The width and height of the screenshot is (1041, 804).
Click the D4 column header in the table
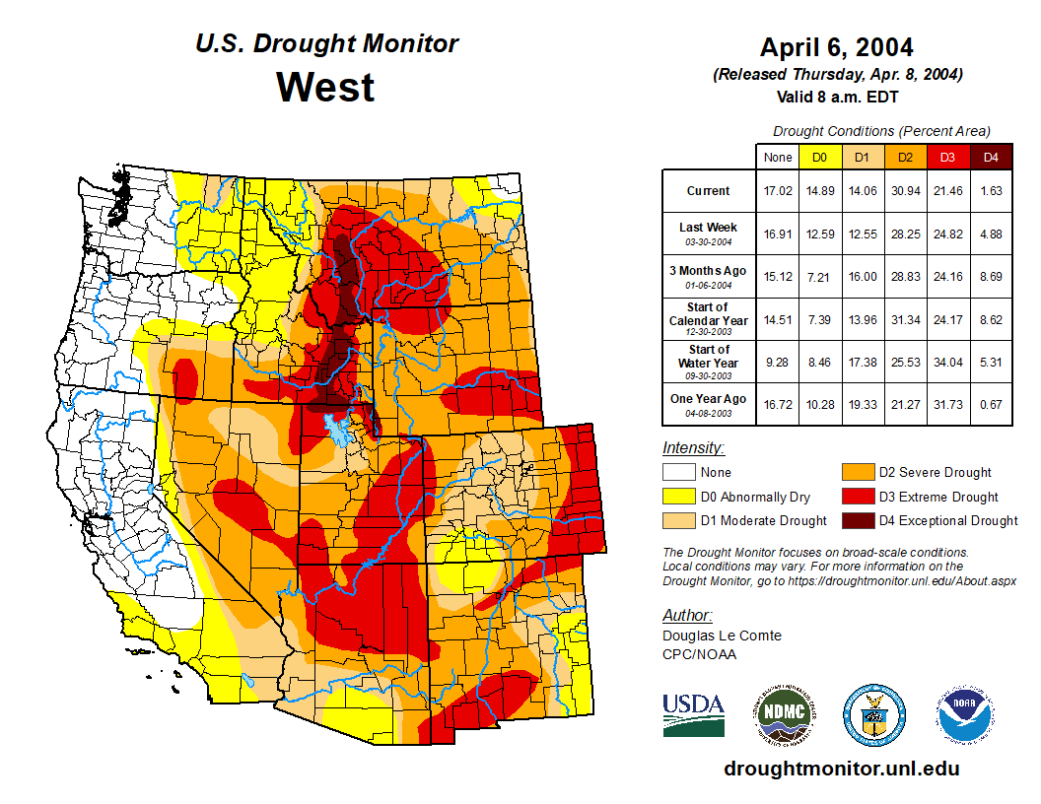pos(992,158)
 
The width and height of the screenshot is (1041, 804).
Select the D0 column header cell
pos(819,158)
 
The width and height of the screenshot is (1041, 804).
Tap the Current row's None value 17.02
pos(778,191)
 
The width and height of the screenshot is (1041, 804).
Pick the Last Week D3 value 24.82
pos(948,234)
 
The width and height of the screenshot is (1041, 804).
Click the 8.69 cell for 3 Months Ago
pos(992,277)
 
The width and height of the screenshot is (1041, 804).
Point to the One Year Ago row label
pos(709,404)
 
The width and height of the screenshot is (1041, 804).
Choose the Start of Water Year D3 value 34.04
pos(948,362)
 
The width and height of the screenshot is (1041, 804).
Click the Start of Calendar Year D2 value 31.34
pos(905,319)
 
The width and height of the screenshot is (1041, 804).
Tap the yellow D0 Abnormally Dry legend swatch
pos(677,497)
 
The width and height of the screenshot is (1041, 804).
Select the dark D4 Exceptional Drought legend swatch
pos(855,520)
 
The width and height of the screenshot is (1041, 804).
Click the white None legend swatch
pos(677,473)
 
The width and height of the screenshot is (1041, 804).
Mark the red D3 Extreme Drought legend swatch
pos(855,497)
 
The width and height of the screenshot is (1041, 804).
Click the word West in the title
pos(325,87)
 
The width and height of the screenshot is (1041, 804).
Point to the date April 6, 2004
pos(836,47)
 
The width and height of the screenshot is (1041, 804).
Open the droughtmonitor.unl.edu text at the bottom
pos(841,769)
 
